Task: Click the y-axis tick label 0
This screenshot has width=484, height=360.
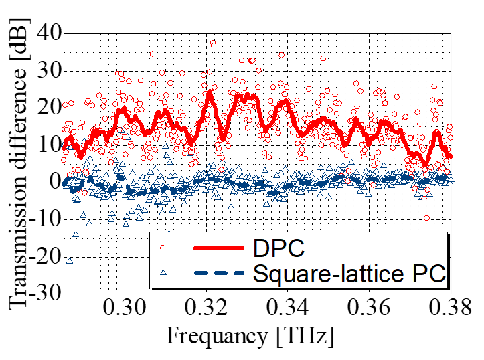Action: click(x=54, y=181)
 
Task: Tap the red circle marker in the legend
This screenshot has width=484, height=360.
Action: click(x=163, y=248)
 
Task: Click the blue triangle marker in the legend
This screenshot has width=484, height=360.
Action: click(x=163, y=273)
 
